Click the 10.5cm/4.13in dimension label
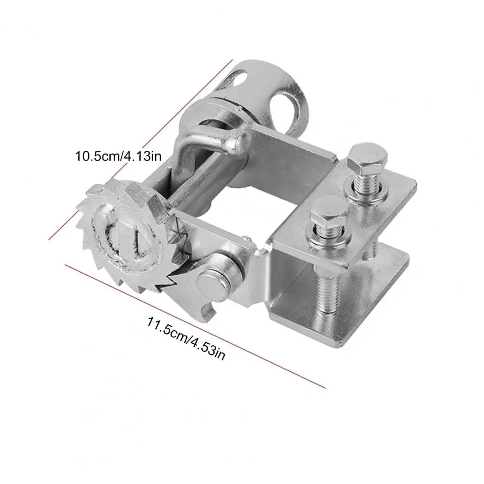pos(118,156)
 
